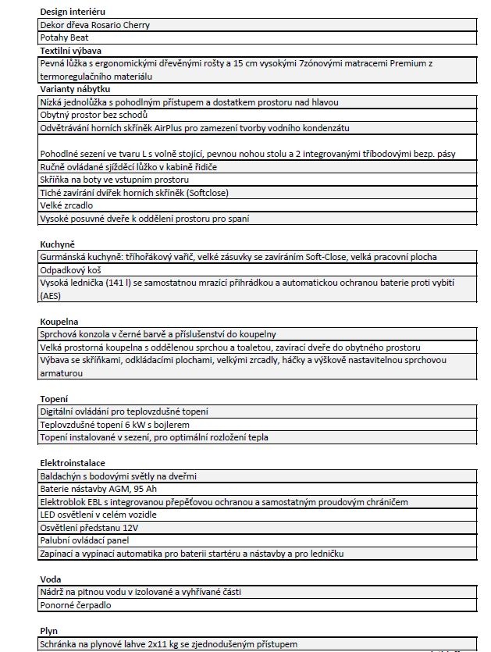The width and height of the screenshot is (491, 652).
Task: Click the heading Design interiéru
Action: point(73,12)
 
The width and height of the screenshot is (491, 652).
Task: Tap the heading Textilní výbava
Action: point(66,50)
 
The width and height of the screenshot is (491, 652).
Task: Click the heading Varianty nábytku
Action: point(70,89)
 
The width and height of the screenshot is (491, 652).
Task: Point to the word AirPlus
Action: point(171,127)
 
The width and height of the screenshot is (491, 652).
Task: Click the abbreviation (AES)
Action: point(52,295)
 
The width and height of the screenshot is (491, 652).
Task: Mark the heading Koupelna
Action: point(59,321)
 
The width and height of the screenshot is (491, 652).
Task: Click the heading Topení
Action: point(54,398)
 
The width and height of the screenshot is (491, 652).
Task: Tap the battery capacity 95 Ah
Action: point(143,489)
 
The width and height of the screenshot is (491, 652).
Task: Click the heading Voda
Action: point(51,579)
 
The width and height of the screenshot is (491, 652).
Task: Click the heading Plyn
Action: point(49,631)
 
